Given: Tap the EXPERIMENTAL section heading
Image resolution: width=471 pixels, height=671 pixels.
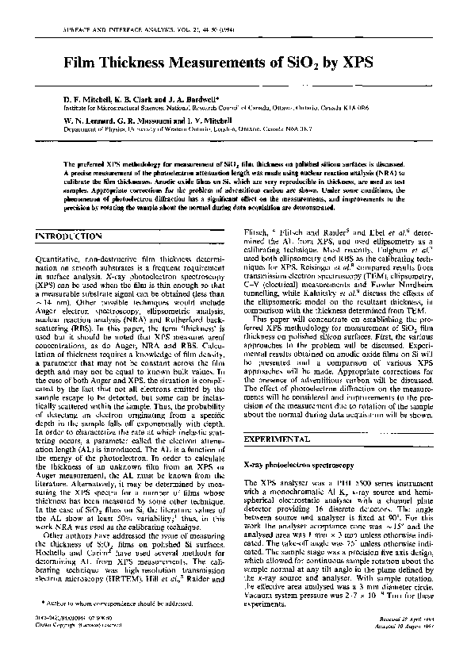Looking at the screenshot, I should click(x=278, y=439).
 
